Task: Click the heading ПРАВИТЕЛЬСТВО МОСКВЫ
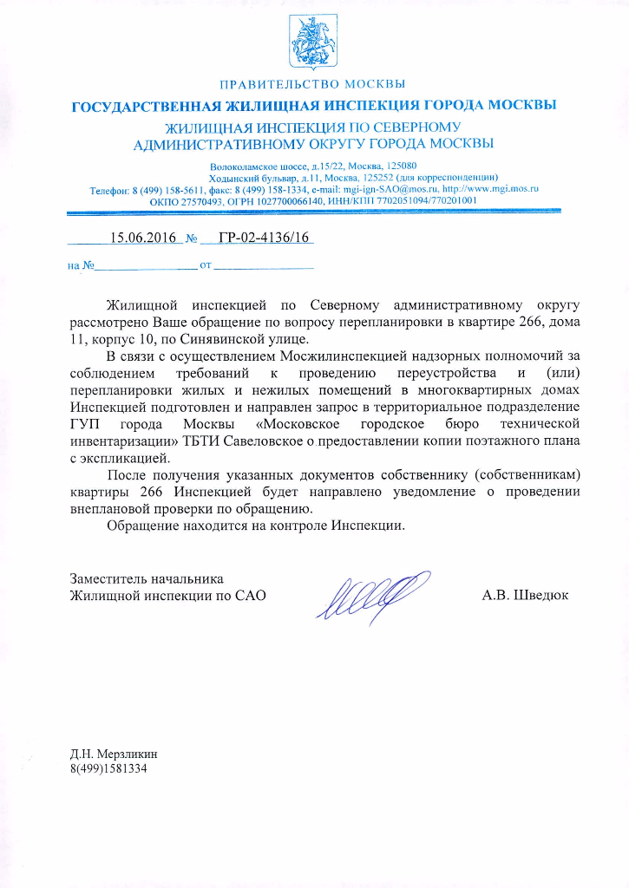point(313,85)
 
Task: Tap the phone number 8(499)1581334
point(109,768)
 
